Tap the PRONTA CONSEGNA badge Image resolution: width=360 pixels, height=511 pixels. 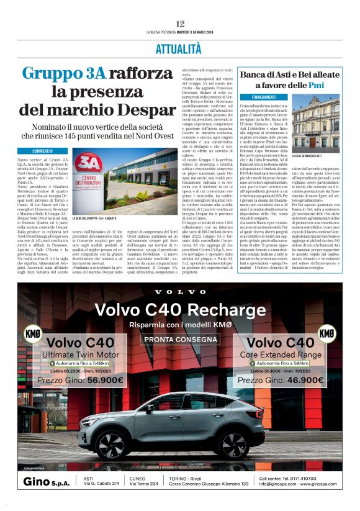click(x=180, y=340)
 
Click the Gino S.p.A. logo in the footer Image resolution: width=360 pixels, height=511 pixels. click(x=45, y=482)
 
